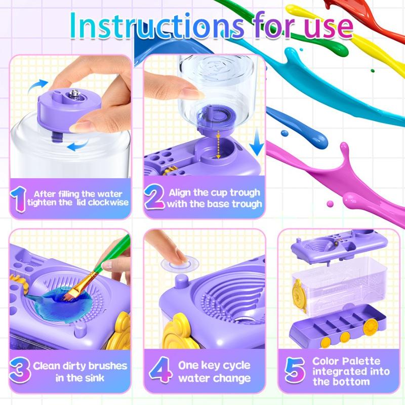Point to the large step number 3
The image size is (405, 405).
[x=20, y=371]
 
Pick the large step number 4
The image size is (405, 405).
[x=159, y=371]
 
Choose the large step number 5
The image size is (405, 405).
[x=294, y=371]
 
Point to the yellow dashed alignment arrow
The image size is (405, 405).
[x=219, y=144]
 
